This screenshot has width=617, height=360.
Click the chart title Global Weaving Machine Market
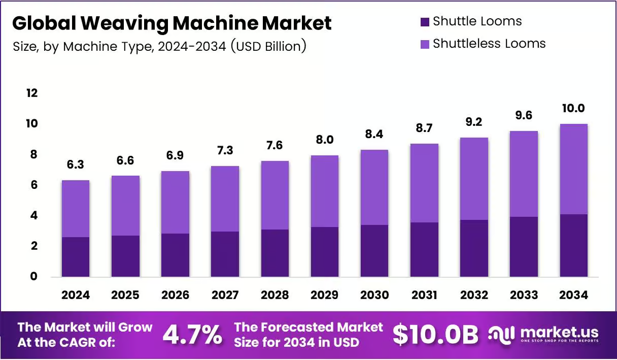tap(172, 23)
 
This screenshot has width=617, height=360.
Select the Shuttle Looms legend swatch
tap(425, 22)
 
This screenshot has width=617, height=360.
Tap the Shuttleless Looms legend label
tap(489, 44)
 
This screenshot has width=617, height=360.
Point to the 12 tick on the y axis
tap(32, 93)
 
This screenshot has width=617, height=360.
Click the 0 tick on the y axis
tap(33, 276)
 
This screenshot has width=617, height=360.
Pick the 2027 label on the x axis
tap(225, 295)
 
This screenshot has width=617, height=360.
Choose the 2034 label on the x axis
tap(573, 295)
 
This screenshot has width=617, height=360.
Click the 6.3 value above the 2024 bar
tap(76, 165)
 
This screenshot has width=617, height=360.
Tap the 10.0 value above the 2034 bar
tap(573, 108)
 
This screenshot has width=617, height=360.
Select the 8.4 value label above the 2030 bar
tap(374, 134)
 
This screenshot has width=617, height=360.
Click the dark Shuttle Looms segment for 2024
tap(76, 256)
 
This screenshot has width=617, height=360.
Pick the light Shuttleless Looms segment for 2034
tap(574, 169)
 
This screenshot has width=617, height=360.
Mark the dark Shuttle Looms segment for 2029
tap(325, 252)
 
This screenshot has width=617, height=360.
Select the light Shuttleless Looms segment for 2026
tap(175, 202)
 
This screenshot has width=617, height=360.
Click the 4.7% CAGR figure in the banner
tap(192, 335)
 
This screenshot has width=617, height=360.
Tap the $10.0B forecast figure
tap(435, 335)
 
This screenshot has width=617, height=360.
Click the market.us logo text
tap(559, 332)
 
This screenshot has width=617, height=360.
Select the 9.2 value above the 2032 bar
tap(474, 122)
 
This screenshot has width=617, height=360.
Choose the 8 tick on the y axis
tap(33, 154)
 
